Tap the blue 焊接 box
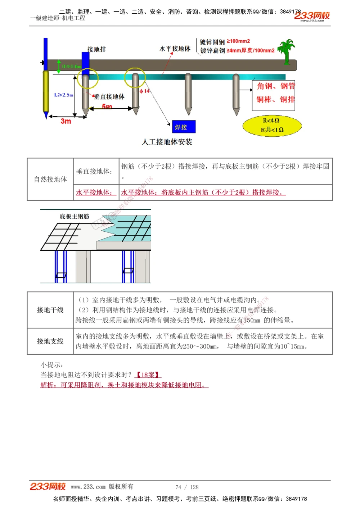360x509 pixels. click(184, 127)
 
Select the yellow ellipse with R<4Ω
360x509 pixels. click(272, 125)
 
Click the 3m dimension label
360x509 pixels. click(66, 121)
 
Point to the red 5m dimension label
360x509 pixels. click(107, 106)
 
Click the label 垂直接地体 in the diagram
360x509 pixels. click(109, 96)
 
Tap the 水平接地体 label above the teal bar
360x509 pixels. click(175, 49)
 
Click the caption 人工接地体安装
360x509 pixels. click(167, 142)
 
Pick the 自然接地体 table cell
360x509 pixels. click(50, 179)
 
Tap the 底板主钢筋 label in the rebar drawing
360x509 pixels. click(75, 216)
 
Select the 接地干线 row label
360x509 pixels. click(50, 310)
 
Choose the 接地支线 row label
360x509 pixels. click(50, 341)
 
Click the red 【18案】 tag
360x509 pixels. click(148, 375)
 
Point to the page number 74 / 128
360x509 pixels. click(187, 487)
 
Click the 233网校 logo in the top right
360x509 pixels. click(312, 16)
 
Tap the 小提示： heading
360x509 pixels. click(52, 365)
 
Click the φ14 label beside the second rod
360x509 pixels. click(144, 91)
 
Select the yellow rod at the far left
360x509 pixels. click(46, 92)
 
